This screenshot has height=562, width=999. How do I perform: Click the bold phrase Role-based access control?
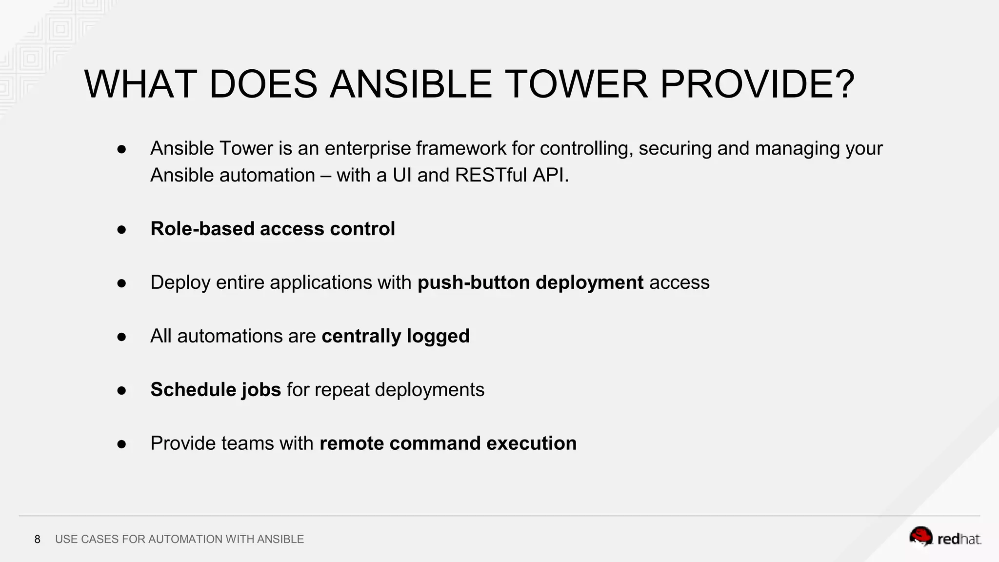[272, 229]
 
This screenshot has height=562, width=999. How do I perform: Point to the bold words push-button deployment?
[530, 282]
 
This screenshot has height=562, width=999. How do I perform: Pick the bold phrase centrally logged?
[395, 336]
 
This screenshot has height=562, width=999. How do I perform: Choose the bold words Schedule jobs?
[216, 390]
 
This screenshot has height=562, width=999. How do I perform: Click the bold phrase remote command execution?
[448, 443]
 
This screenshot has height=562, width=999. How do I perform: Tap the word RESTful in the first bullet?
[491, 175]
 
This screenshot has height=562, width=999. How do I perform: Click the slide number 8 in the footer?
[37, 539]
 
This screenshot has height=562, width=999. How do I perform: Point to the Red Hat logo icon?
[921, 537]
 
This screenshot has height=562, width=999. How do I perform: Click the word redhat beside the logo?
[959, 539]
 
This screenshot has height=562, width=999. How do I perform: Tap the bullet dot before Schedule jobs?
[122, 390]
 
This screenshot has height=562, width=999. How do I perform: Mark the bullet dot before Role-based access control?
[122, 229]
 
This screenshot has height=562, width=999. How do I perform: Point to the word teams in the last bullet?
[247, 443]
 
